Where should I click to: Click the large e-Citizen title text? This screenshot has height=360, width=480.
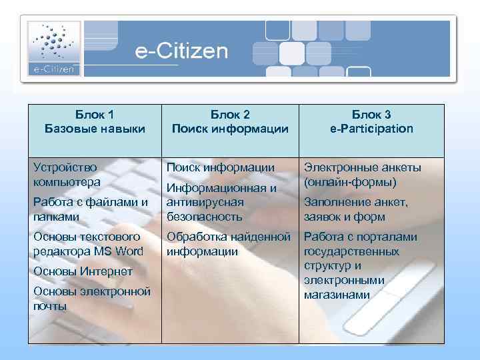click(x=181, y=51)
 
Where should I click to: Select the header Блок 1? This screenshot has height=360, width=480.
click(x=94, y=114)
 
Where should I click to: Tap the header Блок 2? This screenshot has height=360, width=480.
click(x=229, y=114)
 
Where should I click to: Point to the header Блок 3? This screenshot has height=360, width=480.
click(x=371, y=114)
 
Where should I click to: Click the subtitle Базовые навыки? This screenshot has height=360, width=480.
click(x=94, y=129)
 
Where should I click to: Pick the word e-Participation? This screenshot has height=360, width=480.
click(x=371, y=129)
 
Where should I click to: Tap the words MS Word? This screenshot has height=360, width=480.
click(x=119, y=251)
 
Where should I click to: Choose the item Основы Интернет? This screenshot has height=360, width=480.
click(x=83, y=271)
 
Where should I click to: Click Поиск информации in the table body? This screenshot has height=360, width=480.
click(x=220, y=167)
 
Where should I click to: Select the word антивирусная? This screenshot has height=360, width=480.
click(x=205, y=202)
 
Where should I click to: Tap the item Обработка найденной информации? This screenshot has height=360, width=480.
click(x=228, y=244)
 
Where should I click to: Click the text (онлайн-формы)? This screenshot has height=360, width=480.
click(x=350, y=182)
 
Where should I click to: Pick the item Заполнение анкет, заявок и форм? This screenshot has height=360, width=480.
click(x=355, y=209)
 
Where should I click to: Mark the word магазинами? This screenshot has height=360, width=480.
click(x=337, y=294)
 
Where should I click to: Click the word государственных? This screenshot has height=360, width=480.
click(x=351, y=251)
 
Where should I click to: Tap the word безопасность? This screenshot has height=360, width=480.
click(x=205, y=217)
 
